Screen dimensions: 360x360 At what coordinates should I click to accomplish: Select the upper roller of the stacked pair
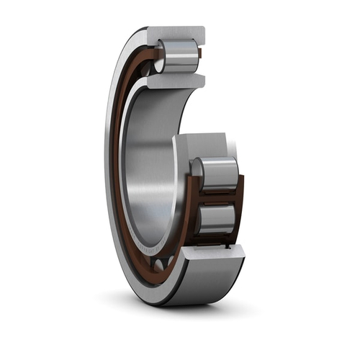pos(218,174)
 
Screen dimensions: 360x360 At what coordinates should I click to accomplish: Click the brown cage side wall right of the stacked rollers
pos(240,198)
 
